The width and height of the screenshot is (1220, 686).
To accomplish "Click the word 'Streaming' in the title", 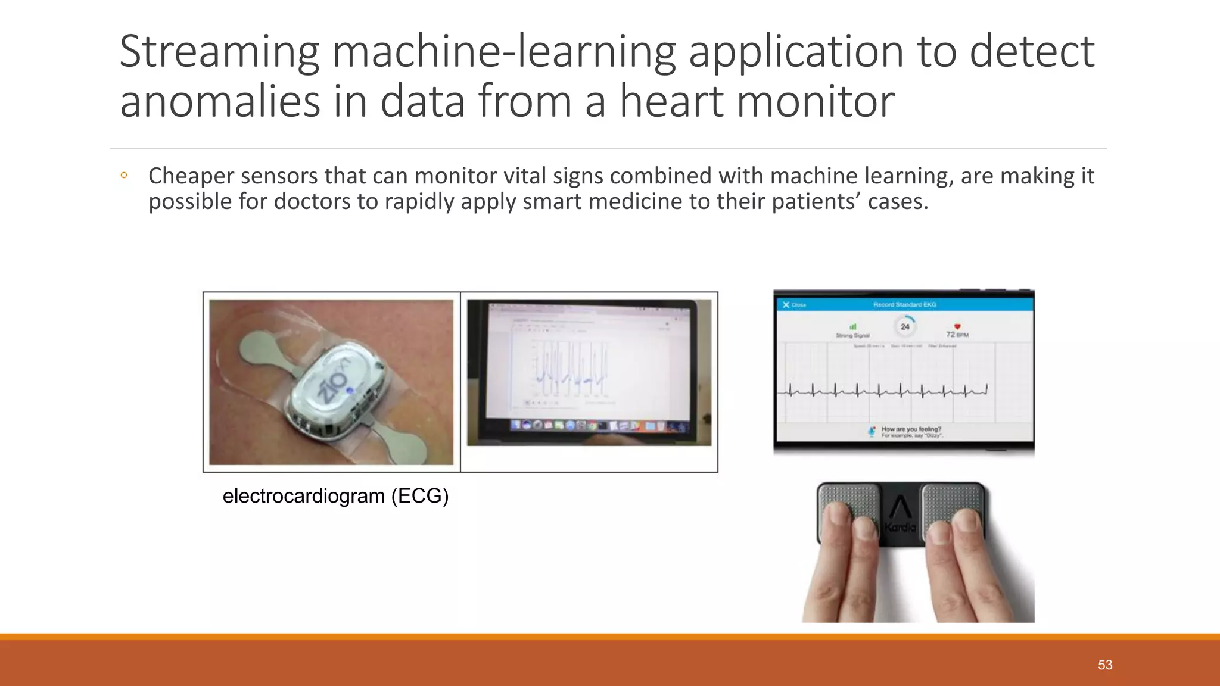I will [219, 52].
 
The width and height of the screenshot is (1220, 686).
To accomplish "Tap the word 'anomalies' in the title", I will [220, 101].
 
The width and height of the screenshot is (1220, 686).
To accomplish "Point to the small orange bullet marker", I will [123, 176].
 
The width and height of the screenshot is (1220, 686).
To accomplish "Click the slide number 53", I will [1105, 665].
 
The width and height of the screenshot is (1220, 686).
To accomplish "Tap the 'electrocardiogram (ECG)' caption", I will [335, 496].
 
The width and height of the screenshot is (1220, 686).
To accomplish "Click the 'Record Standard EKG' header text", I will [904, 305].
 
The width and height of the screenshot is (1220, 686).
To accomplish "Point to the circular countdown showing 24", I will [905, 326].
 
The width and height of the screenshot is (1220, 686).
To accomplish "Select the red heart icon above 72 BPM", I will [957, 326].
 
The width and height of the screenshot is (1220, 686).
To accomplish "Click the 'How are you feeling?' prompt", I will [911, 429].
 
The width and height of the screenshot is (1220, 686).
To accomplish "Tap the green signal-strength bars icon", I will [852, 326].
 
